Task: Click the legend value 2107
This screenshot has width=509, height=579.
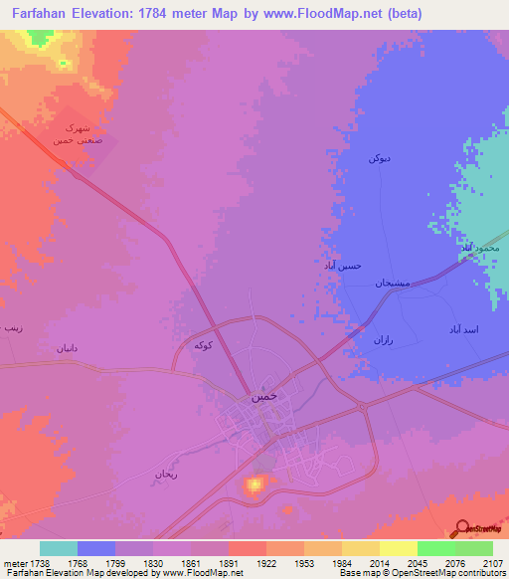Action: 493,563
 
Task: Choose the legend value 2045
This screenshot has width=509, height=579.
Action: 419,563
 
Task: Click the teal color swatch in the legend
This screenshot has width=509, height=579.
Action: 59,548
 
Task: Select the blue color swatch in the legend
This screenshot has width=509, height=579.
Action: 96,548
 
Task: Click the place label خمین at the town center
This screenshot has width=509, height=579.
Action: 261,395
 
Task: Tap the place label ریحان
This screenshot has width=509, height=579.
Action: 164,474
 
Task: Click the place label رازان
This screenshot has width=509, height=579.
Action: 383,340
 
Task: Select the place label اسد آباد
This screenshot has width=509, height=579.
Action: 462,327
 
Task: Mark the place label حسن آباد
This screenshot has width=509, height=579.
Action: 343,266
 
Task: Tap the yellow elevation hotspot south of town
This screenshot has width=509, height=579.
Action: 254,484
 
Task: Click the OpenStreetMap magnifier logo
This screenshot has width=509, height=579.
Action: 460,529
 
